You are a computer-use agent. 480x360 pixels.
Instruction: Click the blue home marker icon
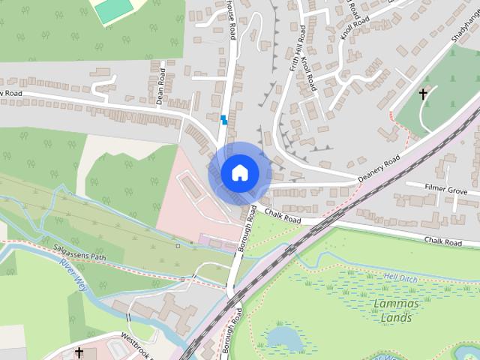click(x=239, y=172)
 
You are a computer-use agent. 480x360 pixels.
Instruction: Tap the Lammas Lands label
click(x=391, y=310)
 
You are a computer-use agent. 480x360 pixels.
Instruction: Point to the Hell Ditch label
click(x=399, y=277)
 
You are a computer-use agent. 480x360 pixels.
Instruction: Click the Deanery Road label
click(x=379, y=166)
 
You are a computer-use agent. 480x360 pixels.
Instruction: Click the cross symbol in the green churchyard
click(x=424, y=94)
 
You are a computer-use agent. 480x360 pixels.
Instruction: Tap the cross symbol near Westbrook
click(x=79, y=352)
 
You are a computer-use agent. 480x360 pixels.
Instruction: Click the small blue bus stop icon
click(x=223, y=119)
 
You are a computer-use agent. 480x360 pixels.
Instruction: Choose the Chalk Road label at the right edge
click(x=443, y=241)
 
